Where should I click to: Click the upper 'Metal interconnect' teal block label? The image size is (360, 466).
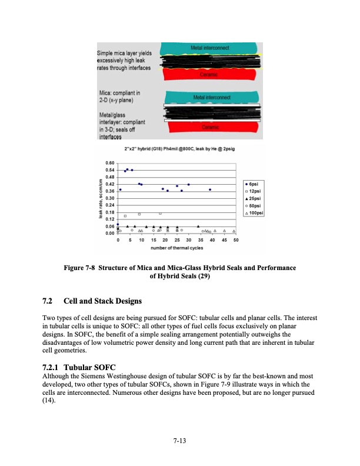tap(206, 47)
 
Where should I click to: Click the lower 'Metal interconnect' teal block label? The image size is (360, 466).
tap(206, 97)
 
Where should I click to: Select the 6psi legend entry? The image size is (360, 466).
tap(256, 184)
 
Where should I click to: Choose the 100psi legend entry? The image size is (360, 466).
tap(258, 212)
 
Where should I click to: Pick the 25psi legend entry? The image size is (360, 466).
tap(257, 198)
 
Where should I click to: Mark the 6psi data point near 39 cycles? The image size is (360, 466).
tap(210, 189)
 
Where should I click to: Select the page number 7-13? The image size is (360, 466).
tap(180, 439)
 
